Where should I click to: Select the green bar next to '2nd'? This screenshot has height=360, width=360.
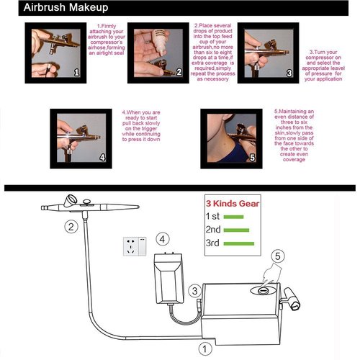237,230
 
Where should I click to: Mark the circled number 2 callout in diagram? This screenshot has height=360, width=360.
71,228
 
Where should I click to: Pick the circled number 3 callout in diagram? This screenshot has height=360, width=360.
194,290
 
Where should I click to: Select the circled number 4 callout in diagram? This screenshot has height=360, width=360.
164,238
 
